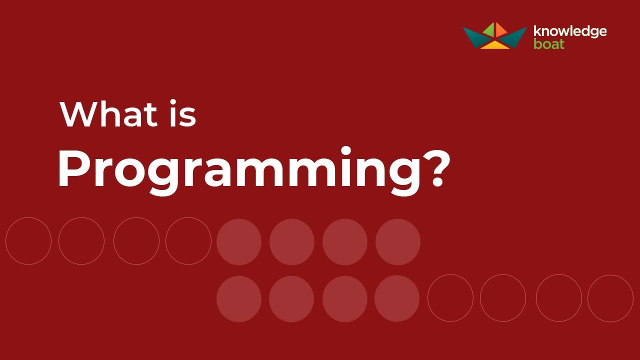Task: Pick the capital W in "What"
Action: (80, 114)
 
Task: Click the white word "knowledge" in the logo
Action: (570, 31)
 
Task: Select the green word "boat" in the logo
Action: (549, 44)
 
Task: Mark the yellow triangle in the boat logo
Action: (494, 45)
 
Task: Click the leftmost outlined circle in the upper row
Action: (28, 241)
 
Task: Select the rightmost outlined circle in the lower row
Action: (610, 298)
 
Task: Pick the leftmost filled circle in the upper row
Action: (239, 242)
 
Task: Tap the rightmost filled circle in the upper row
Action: (397, 242)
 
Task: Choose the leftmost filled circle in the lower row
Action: (239, 298)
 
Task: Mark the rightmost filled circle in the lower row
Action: (397, 298)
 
